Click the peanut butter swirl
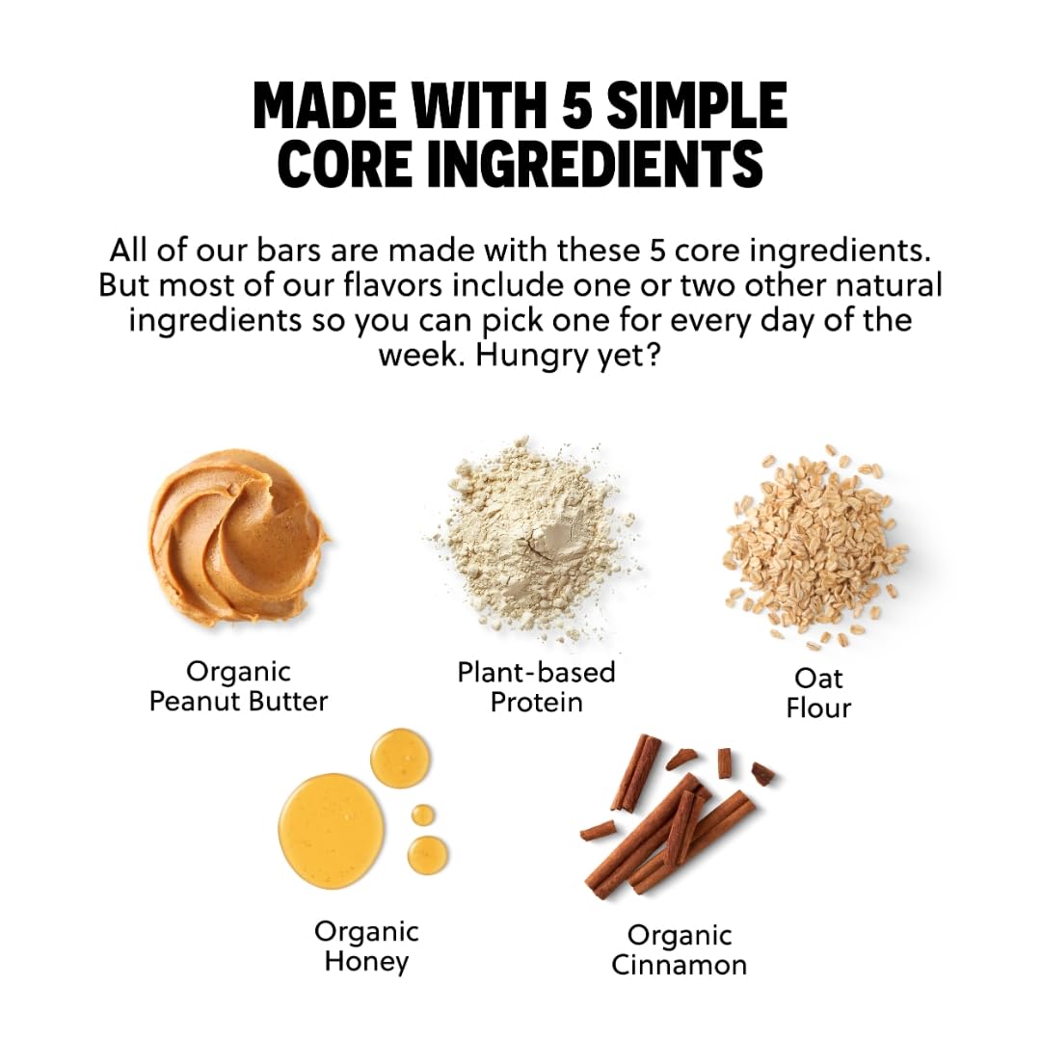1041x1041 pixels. click(238, 537)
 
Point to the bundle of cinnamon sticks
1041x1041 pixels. click(678, 820)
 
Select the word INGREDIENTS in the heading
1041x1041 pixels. click(594, 163)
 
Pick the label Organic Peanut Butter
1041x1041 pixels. click(238, 686)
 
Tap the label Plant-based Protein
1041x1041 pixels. click(537, 687)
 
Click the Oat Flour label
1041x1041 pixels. click(818, 693)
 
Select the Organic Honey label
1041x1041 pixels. click(366, 947)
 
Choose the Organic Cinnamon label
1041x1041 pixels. click(680, 950)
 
